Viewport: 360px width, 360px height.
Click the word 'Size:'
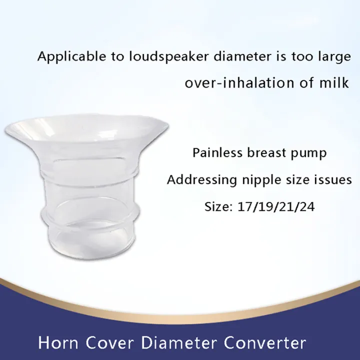point(216,206)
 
